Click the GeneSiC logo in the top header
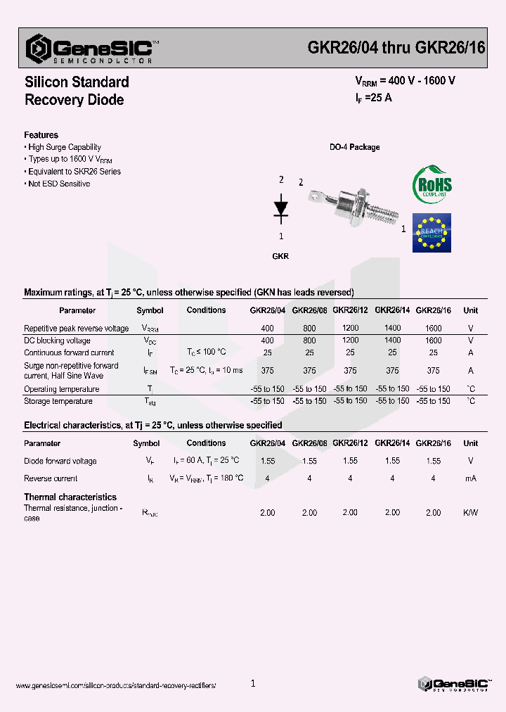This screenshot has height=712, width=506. pos(89,49)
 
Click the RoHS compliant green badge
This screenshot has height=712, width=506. pos(432,184)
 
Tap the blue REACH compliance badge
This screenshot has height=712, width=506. pos(432,232)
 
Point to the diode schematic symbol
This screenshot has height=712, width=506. pos(281,208)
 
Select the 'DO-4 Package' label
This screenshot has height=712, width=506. pos(355,147)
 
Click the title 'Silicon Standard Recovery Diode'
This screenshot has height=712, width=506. pos(76,91)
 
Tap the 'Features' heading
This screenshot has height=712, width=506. pos(41,135)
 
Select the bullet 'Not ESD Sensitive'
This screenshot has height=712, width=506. pos(59,184)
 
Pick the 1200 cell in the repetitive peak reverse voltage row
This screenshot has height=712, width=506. pos(350,328)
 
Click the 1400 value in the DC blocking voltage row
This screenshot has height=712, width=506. pos(392,340)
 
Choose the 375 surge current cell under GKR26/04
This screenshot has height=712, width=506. pos(267,371)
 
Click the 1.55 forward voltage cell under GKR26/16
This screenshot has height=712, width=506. pos(434,461)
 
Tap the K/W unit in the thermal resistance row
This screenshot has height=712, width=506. pos(470,513)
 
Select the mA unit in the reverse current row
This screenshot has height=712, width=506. pos(470,478)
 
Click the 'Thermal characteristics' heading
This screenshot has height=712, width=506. pos(70,497)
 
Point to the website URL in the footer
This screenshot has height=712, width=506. pos(115,685)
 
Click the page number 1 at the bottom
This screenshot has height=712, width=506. pos(253,683)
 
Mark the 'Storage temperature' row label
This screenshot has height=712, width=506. pos(58,401)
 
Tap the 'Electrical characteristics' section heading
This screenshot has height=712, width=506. pos(153,425)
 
